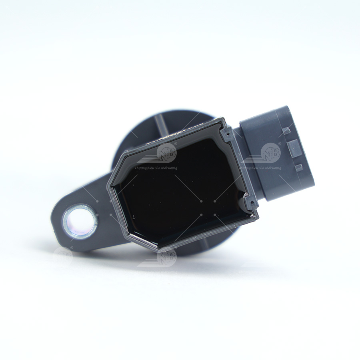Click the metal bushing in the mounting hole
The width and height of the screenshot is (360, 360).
tap(80, 222)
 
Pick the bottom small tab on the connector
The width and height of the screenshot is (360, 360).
tap(298, 167)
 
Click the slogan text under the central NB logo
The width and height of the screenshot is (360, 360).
tap(156, 168)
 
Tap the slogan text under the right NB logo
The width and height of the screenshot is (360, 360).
tap(260, 168)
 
